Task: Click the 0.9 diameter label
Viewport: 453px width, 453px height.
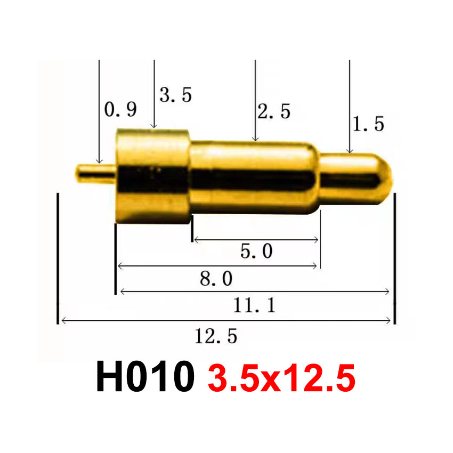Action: (x=120, y=110)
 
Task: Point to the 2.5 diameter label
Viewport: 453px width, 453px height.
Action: (x=274, y=111)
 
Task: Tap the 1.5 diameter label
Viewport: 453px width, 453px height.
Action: (x=368, y=124)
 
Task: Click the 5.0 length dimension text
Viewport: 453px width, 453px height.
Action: (x=256, y=251)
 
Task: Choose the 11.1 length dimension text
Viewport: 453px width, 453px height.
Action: (x=254, y=305)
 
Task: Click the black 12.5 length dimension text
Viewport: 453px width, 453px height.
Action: (x=215, y=336)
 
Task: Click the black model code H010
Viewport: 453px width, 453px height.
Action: (x=144, y=377)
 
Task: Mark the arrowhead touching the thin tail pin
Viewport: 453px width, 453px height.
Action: (x=99, y=160)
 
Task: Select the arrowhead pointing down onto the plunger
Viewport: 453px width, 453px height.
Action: (x=349, y=150)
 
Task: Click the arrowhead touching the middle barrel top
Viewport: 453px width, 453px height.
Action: (x=256, y=138)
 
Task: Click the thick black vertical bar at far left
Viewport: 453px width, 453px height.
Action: (x=57, y=258)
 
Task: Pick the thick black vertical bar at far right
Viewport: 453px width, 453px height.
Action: (x=395, y=258)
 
